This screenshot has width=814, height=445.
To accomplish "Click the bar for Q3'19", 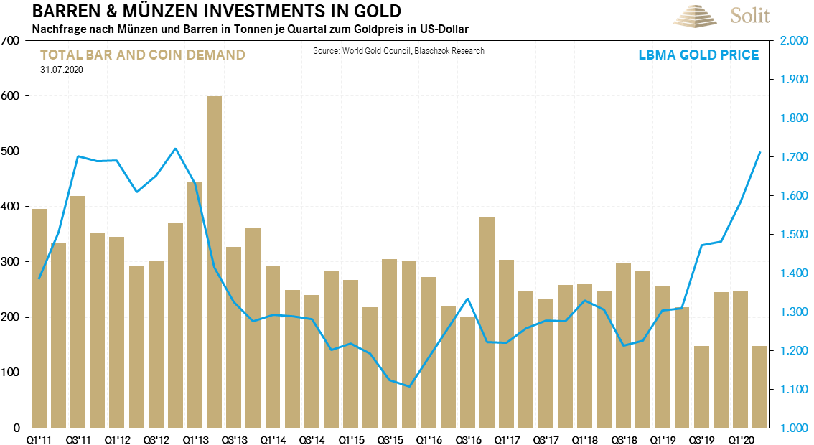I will point(701,387).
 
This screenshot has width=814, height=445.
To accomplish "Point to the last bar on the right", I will point(759,387).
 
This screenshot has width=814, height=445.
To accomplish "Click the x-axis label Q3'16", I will point(467,437).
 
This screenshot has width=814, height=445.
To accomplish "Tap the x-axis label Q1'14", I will point(273,437).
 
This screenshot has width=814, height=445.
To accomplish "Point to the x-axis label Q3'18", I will point(623,437).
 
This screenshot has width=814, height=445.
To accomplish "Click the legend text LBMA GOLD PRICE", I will point(698,55).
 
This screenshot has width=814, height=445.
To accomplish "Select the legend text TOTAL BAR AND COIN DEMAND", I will point(143,55).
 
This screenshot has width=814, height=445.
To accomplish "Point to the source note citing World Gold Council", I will point(399,51).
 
